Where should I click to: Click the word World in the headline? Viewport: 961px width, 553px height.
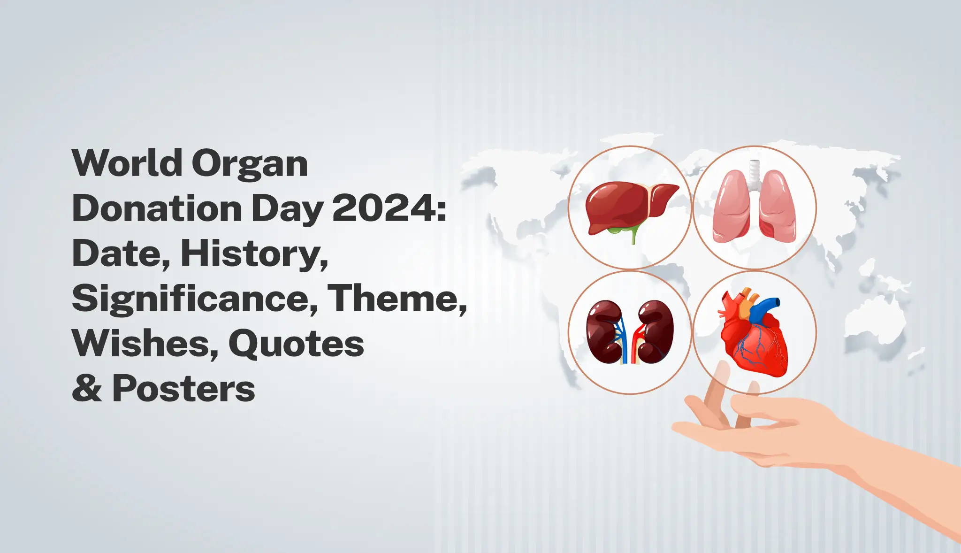(x=127, y=163)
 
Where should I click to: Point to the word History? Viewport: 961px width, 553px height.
(x=253, y=254)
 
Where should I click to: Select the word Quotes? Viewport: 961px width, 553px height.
(x=296, y=344)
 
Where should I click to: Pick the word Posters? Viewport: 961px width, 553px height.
(x=183, y=389)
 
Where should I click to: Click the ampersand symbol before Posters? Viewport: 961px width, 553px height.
(x=87, y=389)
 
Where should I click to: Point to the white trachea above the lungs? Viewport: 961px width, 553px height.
(x=754, y=171)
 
